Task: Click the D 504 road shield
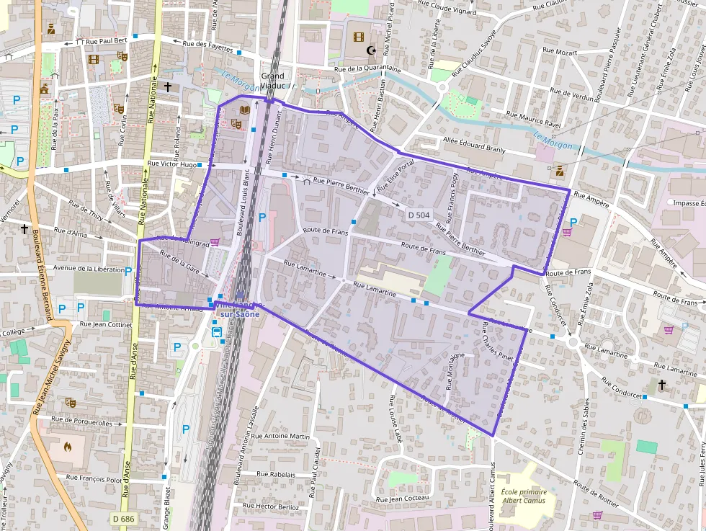(x=419, y=215)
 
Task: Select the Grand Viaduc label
(x=273, y=80)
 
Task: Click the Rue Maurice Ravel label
(x=533, y=119)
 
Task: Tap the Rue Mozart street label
(x=560, y=52)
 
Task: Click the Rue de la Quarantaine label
(x=366, y=69)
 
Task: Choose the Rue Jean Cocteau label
(x=403, y=499)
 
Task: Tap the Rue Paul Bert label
(x=106, y=42)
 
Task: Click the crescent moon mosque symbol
(x=372, y=50)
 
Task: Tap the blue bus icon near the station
(x=216, y=332)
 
